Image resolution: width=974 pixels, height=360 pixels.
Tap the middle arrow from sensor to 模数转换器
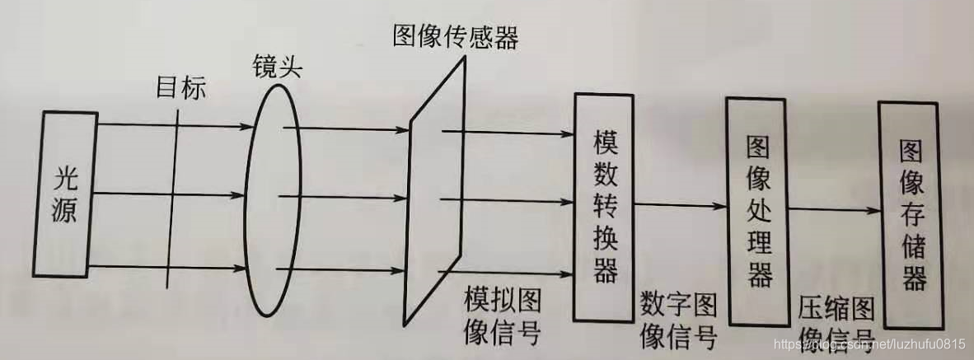507,199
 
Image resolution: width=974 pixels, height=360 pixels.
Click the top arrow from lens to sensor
346,128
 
